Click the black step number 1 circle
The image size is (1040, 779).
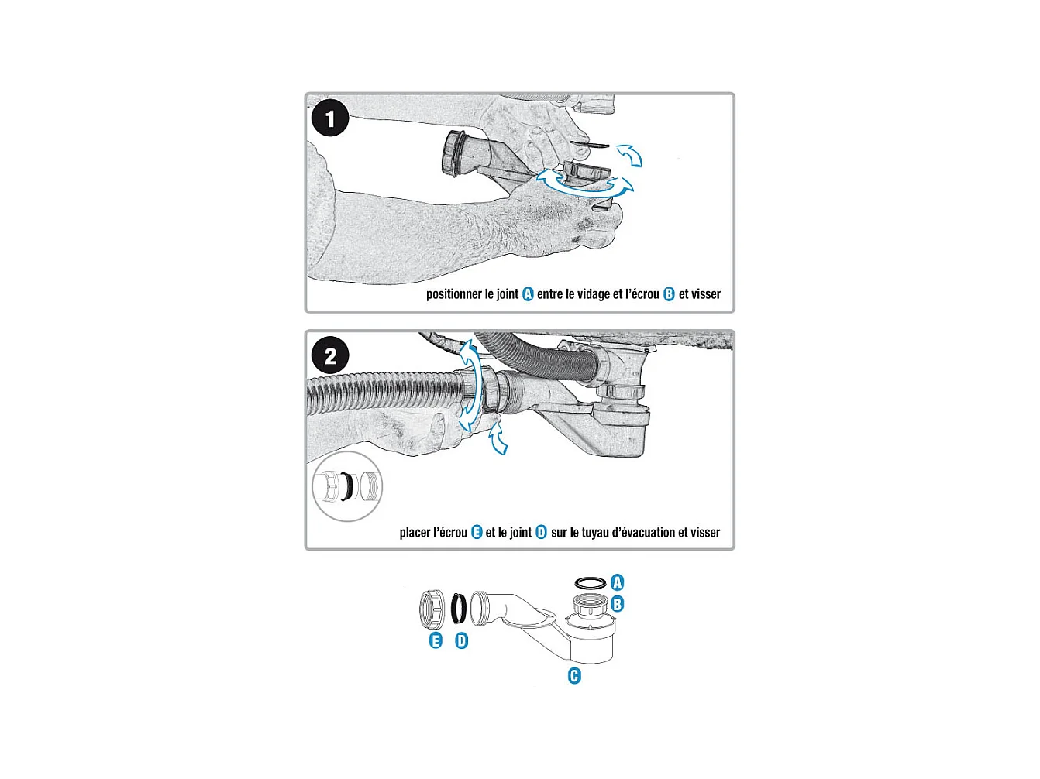coord(330,118)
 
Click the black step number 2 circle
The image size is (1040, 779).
coord(330,355)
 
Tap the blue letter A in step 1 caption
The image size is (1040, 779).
coord(528,294)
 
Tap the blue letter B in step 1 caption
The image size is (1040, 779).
coord(669,294)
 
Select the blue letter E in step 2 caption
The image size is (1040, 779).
coord(477,532)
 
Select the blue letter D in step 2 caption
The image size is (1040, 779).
coord(541,532)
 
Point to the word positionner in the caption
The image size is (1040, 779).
coord(453,294)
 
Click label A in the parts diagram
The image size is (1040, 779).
coord(618,582)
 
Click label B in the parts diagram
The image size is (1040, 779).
coord(618,604)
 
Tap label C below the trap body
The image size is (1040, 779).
coord(574,676)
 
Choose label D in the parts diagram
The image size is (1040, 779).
coord(461,640)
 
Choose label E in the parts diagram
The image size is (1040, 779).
coord(436,640)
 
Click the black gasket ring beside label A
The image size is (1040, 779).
coord(591,582)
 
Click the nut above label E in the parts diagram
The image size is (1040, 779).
coord(432,609)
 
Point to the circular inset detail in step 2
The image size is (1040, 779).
coord(347,487)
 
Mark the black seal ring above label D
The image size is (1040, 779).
coord(458,609)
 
